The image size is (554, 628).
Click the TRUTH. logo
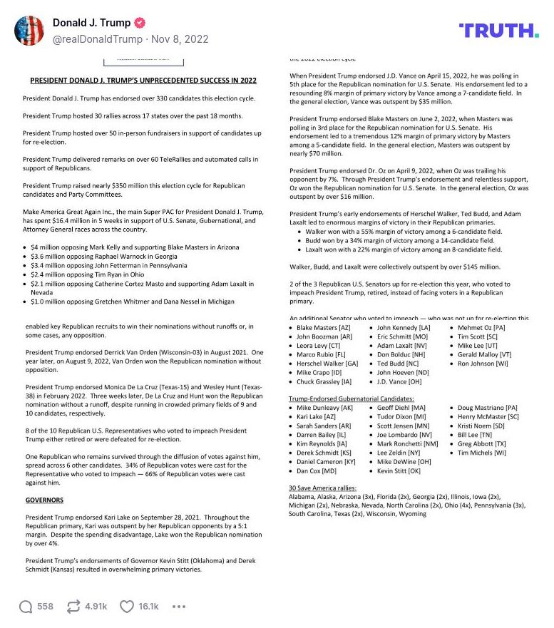click(x=498, y=30)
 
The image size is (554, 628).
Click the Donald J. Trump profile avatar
click(x=30, y=30)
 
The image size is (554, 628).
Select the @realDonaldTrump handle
click(x=98, y=40)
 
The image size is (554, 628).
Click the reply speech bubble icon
click(x=26, y=606)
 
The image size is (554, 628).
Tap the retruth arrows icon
click(x=73, y=606)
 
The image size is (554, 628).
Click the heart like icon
click(x=127, y=606)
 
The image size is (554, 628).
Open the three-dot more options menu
click(x=179, y=606)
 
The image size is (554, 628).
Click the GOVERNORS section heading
click(x=44, y=500)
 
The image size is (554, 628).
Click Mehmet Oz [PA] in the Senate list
click(x=482, y=327)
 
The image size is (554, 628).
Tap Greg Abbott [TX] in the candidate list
click(x=483, y=443)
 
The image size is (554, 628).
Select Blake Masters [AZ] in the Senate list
click(x=323, y=327)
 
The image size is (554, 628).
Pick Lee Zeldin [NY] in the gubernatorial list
click(x=399, y=452)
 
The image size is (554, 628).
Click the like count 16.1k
click(x=148, y=606)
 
